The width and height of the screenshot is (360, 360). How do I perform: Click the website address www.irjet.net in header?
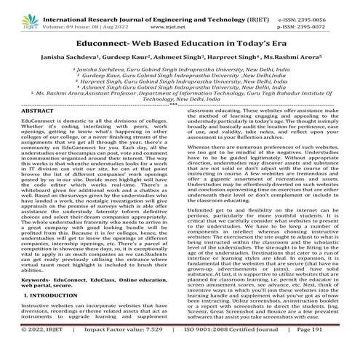183,16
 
